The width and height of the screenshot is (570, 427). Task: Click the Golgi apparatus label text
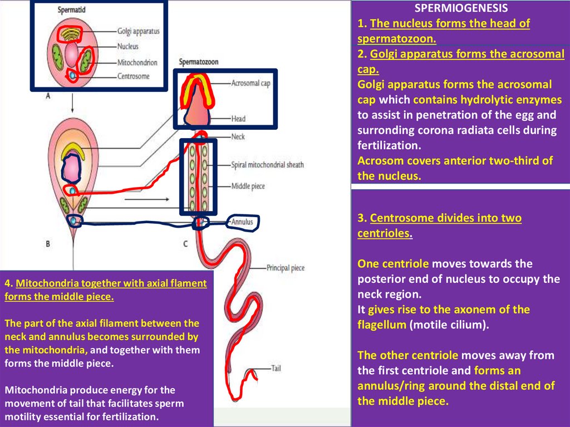coord(138,31)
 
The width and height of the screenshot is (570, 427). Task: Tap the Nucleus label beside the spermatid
coord(128,47)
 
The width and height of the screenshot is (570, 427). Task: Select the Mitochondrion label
coord(137,63)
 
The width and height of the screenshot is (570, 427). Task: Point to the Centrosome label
coord(134,76)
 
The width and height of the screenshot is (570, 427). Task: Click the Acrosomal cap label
coord(251,84)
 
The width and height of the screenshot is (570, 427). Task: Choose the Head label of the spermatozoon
coord(238,119)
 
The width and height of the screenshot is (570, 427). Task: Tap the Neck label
coord(238,136)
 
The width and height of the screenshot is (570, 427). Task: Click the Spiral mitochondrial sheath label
coord(267,165)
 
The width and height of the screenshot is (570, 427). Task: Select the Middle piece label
coord(248,186)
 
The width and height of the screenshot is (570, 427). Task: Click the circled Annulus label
coord(243,222)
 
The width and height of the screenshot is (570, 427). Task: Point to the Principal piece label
coord(286,268)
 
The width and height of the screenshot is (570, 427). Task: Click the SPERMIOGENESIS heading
coord(461,8)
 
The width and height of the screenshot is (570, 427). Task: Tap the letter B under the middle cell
coord(48,243)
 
